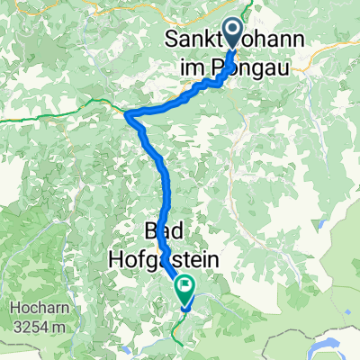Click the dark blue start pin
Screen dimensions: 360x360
[x=232, y=34]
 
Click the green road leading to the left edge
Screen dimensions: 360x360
[x=54, y=116]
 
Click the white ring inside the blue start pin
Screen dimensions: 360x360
[x=232, y=30]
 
